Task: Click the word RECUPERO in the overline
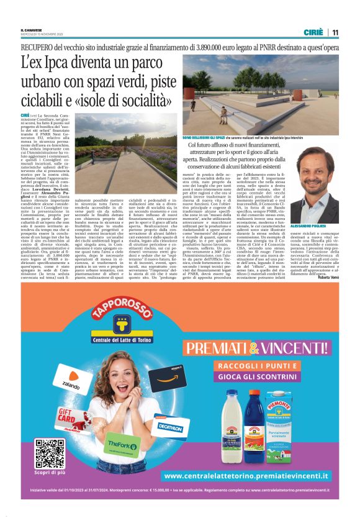38,47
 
